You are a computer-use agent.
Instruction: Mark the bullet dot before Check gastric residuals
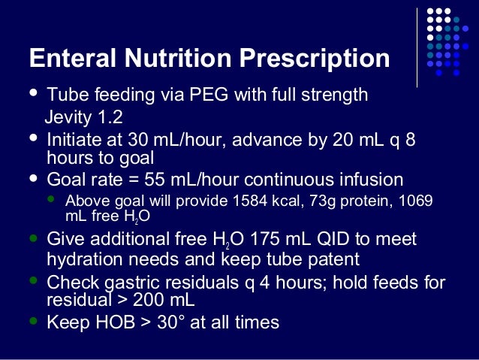(32, 280)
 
